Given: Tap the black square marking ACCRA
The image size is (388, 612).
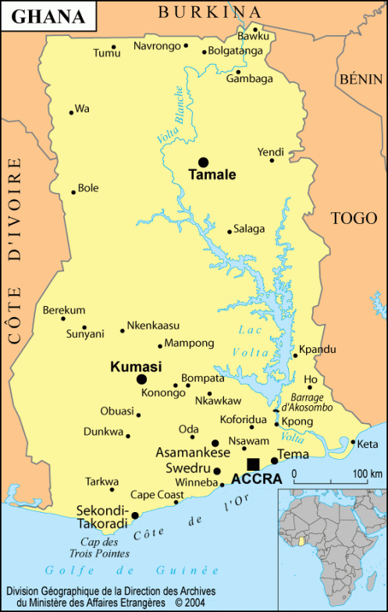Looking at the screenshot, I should point(253,464).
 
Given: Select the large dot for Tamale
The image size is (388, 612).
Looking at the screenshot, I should point(204,162).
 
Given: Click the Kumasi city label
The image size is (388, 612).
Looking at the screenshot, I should point(136,366).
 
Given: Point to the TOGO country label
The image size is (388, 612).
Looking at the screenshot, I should point(354,218).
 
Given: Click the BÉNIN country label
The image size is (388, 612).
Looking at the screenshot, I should point(361,79).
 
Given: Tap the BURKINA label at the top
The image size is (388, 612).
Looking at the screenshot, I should point(209,11).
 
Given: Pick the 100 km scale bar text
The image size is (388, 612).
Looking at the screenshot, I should point(365,474).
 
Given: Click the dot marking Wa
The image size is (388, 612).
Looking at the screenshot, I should point(71,112).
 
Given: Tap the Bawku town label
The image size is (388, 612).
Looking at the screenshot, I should point(253,36).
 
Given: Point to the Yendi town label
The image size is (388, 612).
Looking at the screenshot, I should point(271,151).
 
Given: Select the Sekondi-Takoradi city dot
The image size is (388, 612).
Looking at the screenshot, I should point(135,515).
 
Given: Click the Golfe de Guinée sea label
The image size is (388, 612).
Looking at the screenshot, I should point(121,569).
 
